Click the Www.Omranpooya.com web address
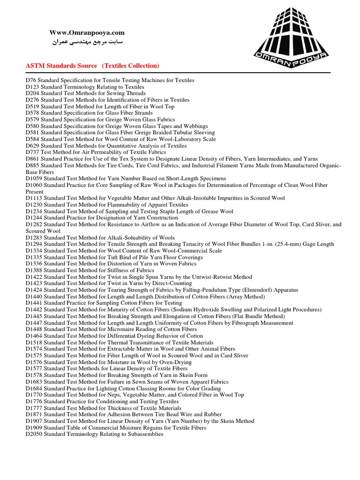(87, 32)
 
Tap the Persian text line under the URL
(87, 43)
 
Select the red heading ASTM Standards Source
(61, 66)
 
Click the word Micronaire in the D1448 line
(115, 330)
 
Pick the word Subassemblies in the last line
(141, 435)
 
